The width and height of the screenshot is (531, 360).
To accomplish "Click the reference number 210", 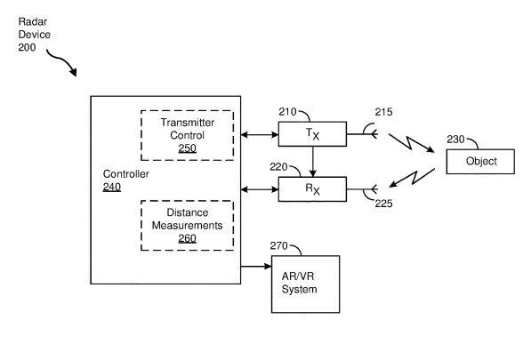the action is (x=287, y=112).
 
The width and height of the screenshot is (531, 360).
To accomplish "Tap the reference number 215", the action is (x=383, y=112).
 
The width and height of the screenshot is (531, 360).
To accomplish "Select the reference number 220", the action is (x=278, y=167).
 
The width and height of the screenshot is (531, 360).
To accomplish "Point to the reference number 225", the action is (x=383, y=204).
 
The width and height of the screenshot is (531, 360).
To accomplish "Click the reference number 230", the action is (x=455, y=139).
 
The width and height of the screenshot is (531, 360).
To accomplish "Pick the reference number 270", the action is (x=278, y=245).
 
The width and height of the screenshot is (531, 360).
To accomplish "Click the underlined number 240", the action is (x=112, y=187).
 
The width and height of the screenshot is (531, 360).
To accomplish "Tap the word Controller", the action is (x=126, y=174).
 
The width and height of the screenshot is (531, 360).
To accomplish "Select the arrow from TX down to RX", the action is (x=312, y=162).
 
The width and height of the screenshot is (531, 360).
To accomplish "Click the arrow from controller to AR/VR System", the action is (x=256, y=267).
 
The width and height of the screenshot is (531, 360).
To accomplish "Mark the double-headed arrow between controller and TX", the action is (x=260, y=134).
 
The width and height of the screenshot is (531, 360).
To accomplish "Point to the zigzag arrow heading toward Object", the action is (x=411, y=143).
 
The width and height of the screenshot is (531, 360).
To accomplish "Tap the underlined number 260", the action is (x=188, y=238).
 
